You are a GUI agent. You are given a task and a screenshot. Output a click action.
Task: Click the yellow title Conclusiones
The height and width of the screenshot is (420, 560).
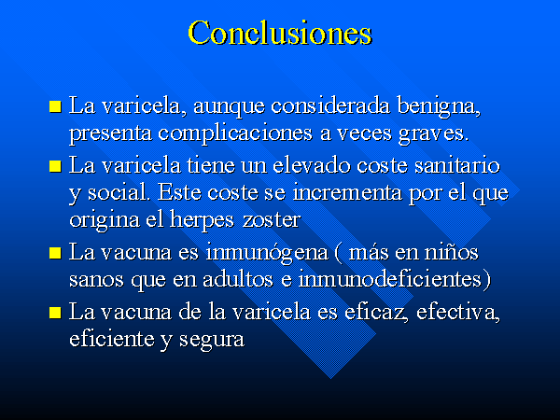(280, 33)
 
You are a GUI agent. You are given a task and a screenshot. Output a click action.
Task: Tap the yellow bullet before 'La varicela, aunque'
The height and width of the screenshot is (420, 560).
(55, 106)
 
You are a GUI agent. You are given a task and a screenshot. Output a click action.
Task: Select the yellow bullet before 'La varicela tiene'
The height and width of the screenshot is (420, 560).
(55, 166)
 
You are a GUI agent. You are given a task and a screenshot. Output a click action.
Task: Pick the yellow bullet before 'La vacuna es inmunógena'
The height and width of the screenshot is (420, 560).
(55, 253)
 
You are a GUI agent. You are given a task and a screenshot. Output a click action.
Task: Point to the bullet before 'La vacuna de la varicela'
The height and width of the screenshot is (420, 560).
(55, 312)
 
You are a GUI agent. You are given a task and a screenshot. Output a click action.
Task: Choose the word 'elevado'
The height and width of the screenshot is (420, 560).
(311, 165)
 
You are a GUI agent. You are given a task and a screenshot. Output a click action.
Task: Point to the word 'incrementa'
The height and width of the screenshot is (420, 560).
(347, 192)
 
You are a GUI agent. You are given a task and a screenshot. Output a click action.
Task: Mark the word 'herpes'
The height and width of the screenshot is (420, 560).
(202, 220)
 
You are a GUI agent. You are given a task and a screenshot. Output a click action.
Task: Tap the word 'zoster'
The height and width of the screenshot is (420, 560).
(271, 220)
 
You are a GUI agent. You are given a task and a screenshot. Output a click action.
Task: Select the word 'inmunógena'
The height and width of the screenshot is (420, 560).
(266, 254)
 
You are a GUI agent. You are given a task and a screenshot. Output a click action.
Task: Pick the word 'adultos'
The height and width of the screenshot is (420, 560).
(237, 279)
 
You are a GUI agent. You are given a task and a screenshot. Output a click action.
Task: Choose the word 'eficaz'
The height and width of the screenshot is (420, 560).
(376, 312)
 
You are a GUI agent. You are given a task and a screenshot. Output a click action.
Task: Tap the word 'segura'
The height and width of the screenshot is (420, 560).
(212, 341)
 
